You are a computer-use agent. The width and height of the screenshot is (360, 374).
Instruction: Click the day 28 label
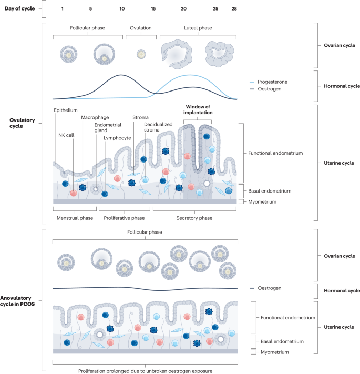pyautogui.click(x=234, y=9)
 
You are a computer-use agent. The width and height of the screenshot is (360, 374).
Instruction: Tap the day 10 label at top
pyautogui.click(x=122, y=9)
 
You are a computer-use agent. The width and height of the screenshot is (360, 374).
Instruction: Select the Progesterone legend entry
pyautogui.click(x=269, y=82)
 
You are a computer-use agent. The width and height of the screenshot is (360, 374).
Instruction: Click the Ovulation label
pyautogui.click(x=140, y=28)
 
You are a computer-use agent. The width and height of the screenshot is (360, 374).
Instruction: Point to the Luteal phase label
pyautogui.click(x=198, y=28)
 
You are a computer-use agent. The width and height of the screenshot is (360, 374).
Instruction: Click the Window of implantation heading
pyautogui.click(x=198, y=109)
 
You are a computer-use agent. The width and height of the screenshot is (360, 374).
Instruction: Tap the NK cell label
pyautogui.click(x=66, y=135)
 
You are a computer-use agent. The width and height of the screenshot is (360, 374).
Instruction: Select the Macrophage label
pyautogui.click(x=95, y=117)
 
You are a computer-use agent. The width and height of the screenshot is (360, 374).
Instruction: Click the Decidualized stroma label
pyautogui.click(x=158, y=127)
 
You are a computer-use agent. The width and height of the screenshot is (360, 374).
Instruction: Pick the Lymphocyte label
pyautogui.click(x=117, y=138)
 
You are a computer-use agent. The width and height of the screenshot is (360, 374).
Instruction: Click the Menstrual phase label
pyautogui.click(x=75, y=218)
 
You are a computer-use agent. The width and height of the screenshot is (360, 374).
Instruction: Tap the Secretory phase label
pyautogui.click(x=194, y=218)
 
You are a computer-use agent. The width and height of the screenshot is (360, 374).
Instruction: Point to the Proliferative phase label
pyautogui.click(x=124, y=218)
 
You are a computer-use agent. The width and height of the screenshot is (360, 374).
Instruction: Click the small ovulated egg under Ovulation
pyautogui.click(x=141, y=54)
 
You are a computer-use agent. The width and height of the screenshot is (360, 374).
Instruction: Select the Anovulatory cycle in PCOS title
pyautogui.click(x=17, y=301)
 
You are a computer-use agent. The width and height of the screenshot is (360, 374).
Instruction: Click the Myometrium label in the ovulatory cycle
pyautogui.click(x=262, y=202)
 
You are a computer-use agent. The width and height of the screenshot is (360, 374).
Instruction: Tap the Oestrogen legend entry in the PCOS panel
pyautogui.click(x=265, y=288)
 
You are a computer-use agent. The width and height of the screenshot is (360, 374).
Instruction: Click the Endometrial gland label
pyautogui.click(x=108, y=127)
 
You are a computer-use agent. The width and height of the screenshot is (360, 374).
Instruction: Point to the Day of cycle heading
pyautogui.click(x=20, y=8)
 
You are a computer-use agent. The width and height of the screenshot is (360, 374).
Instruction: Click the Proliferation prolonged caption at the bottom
pyautogui.click(x=146, y=371)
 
